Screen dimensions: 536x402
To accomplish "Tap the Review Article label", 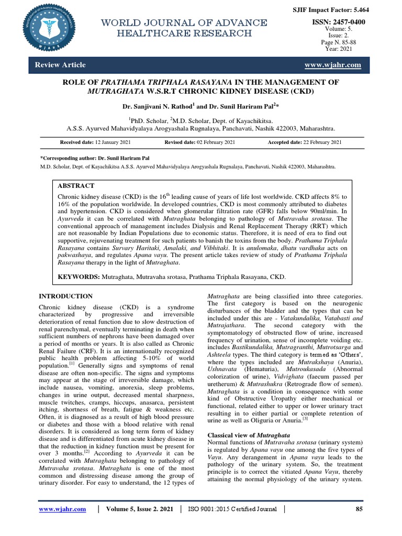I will coord(60,65).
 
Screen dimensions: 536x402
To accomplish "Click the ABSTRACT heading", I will coord(76,185).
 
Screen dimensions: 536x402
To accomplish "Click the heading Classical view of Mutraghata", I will coord(246,435).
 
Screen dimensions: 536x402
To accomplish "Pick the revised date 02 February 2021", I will coord(200,142).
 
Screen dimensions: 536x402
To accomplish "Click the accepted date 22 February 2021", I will coord(305,142).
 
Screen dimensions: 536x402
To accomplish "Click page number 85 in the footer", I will coord(359,508).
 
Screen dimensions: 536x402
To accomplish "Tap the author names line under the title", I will coord(201,106).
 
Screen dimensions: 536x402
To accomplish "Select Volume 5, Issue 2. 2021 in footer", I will coord(139,508).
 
